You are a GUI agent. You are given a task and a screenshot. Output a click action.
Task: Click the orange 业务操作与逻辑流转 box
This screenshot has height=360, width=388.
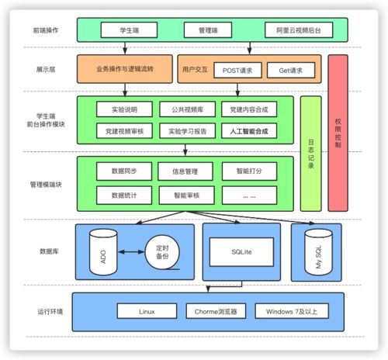[124, 70]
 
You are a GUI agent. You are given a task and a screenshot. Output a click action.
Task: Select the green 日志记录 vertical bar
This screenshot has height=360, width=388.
[310, 154]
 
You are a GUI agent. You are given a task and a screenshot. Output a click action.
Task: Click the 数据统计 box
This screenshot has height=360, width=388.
[124, 193]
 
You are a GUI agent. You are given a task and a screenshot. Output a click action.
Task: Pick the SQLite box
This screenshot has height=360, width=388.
[241, 251]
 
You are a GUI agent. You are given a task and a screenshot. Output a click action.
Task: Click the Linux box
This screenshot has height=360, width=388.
[147, 311]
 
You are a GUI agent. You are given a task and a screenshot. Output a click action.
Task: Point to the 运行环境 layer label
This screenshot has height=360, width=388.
[50, 311]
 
